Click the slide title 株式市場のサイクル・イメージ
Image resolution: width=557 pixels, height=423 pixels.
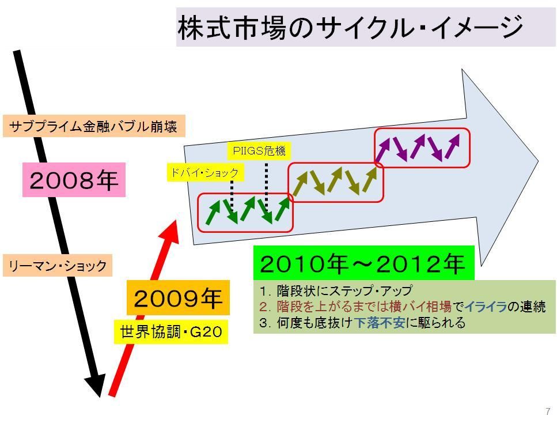tap(351, 27)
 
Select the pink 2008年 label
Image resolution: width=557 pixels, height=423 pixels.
tap(74, 180)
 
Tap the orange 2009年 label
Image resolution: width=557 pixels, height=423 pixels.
tap(178, 297)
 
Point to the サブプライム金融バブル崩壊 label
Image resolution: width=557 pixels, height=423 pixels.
tap(94, 126)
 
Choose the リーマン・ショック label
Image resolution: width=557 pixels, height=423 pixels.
tap(58, 265)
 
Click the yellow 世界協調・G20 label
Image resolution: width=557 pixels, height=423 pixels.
tap(171, 331)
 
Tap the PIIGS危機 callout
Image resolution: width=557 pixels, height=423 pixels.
tap(259, 151)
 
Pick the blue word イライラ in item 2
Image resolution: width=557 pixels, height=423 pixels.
tap(486, 306)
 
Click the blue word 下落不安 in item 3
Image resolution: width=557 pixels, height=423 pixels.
tap(380, 322)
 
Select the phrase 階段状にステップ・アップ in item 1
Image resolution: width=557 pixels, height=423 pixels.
tap(344, 290)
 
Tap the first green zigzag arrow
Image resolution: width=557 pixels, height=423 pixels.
tap(214, 213)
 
